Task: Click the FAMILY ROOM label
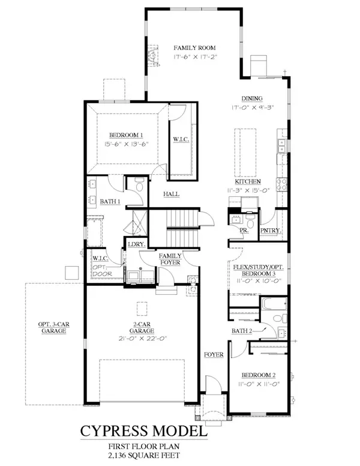click(194, 47)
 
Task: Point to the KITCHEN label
click(247, 181)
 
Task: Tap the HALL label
click(173, 194)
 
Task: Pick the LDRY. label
click(133, 244)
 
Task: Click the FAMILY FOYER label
click(170, 259)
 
